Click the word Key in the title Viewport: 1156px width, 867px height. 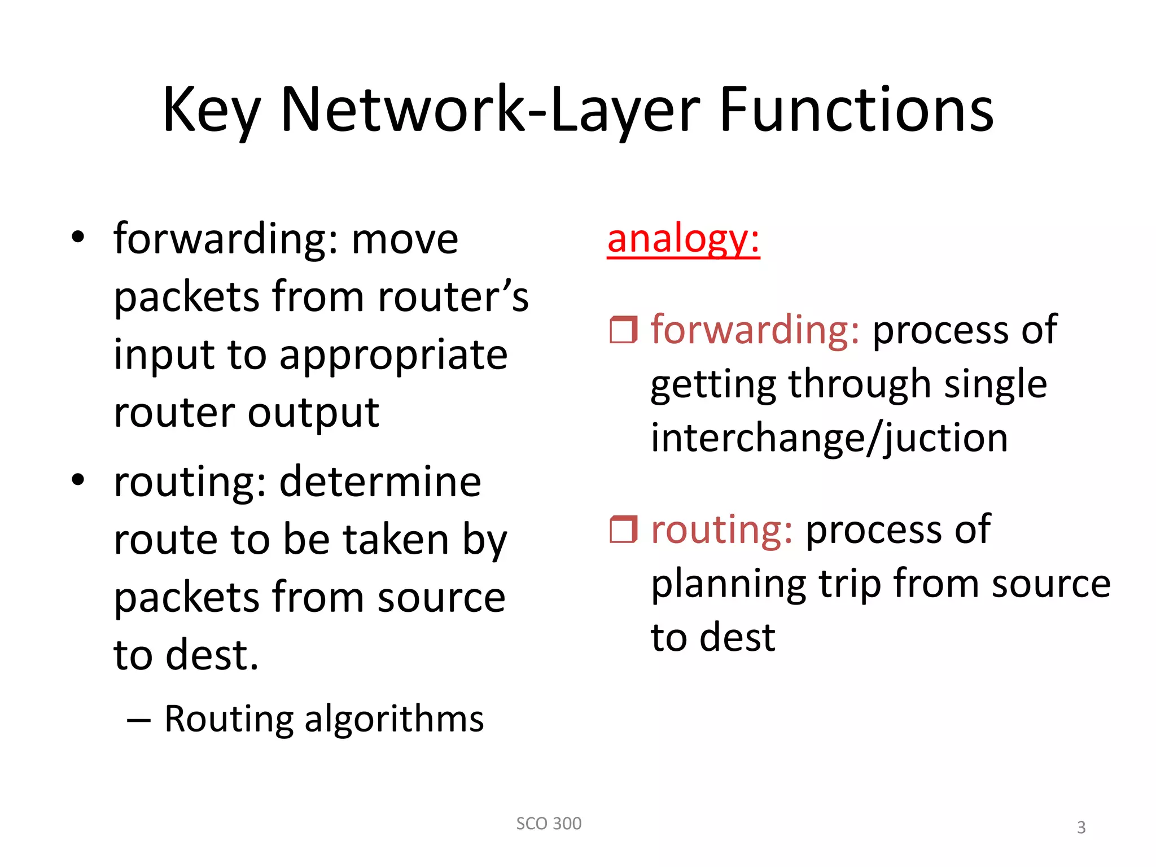211,110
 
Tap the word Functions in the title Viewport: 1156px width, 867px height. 856,110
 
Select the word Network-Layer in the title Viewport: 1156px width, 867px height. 489,110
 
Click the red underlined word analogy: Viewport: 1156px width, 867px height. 683,239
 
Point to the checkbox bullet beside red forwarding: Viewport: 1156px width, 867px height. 623,330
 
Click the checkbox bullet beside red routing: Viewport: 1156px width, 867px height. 623,529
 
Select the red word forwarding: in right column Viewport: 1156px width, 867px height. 755,330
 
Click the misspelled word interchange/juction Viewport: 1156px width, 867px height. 829,439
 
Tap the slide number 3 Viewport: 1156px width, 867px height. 1081,827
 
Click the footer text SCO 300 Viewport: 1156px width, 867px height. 549,824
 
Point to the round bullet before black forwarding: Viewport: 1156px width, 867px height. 78,238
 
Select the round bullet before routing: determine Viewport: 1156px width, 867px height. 78,480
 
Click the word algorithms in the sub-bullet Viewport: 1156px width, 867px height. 393,719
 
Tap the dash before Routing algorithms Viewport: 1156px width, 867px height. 139,720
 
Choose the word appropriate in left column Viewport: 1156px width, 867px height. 393,356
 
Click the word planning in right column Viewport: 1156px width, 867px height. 728,584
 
